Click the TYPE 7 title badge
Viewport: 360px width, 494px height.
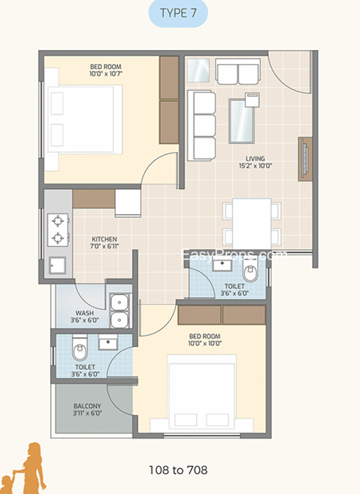178,13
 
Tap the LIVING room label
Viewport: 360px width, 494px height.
255,159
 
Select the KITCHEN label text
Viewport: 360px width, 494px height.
104,239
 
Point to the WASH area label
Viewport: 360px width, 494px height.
85,313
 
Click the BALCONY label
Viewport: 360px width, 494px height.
87,406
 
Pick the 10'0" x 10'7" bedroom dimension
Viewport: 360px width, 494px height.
106,73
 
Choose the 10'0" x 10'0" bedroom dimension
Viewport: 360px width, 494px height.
205,343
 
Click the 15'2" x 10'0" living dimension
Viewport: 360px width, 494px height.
255,165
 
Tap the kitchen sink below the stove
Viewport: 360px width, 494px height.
57,266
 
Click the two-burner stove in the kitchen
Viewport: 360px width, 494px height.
57,230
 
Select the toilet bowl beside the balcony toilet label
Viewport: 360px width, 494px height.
80,348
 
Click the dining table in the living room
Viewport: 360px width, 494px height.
252,224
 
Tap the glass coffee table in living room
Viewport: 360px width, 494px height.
242,121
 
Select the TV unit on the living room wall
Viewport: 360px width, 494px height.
305,159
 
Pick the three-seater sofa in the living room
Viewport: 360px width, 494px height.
201,126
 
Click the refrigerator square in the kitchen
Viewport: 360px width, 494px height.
128,203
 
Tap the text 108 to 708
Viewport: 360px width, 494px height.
178,470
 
